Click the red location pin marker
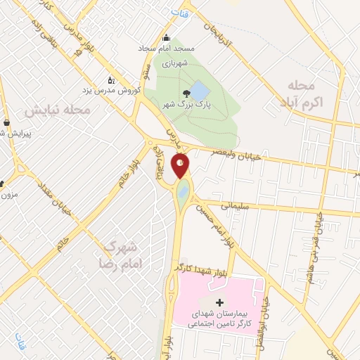tap(181, 166)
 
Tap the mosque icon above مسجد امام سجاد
tap(166, 39)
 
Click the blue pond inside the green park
tap(200, 91)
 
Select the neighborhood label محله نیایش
tap(58, 111)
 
